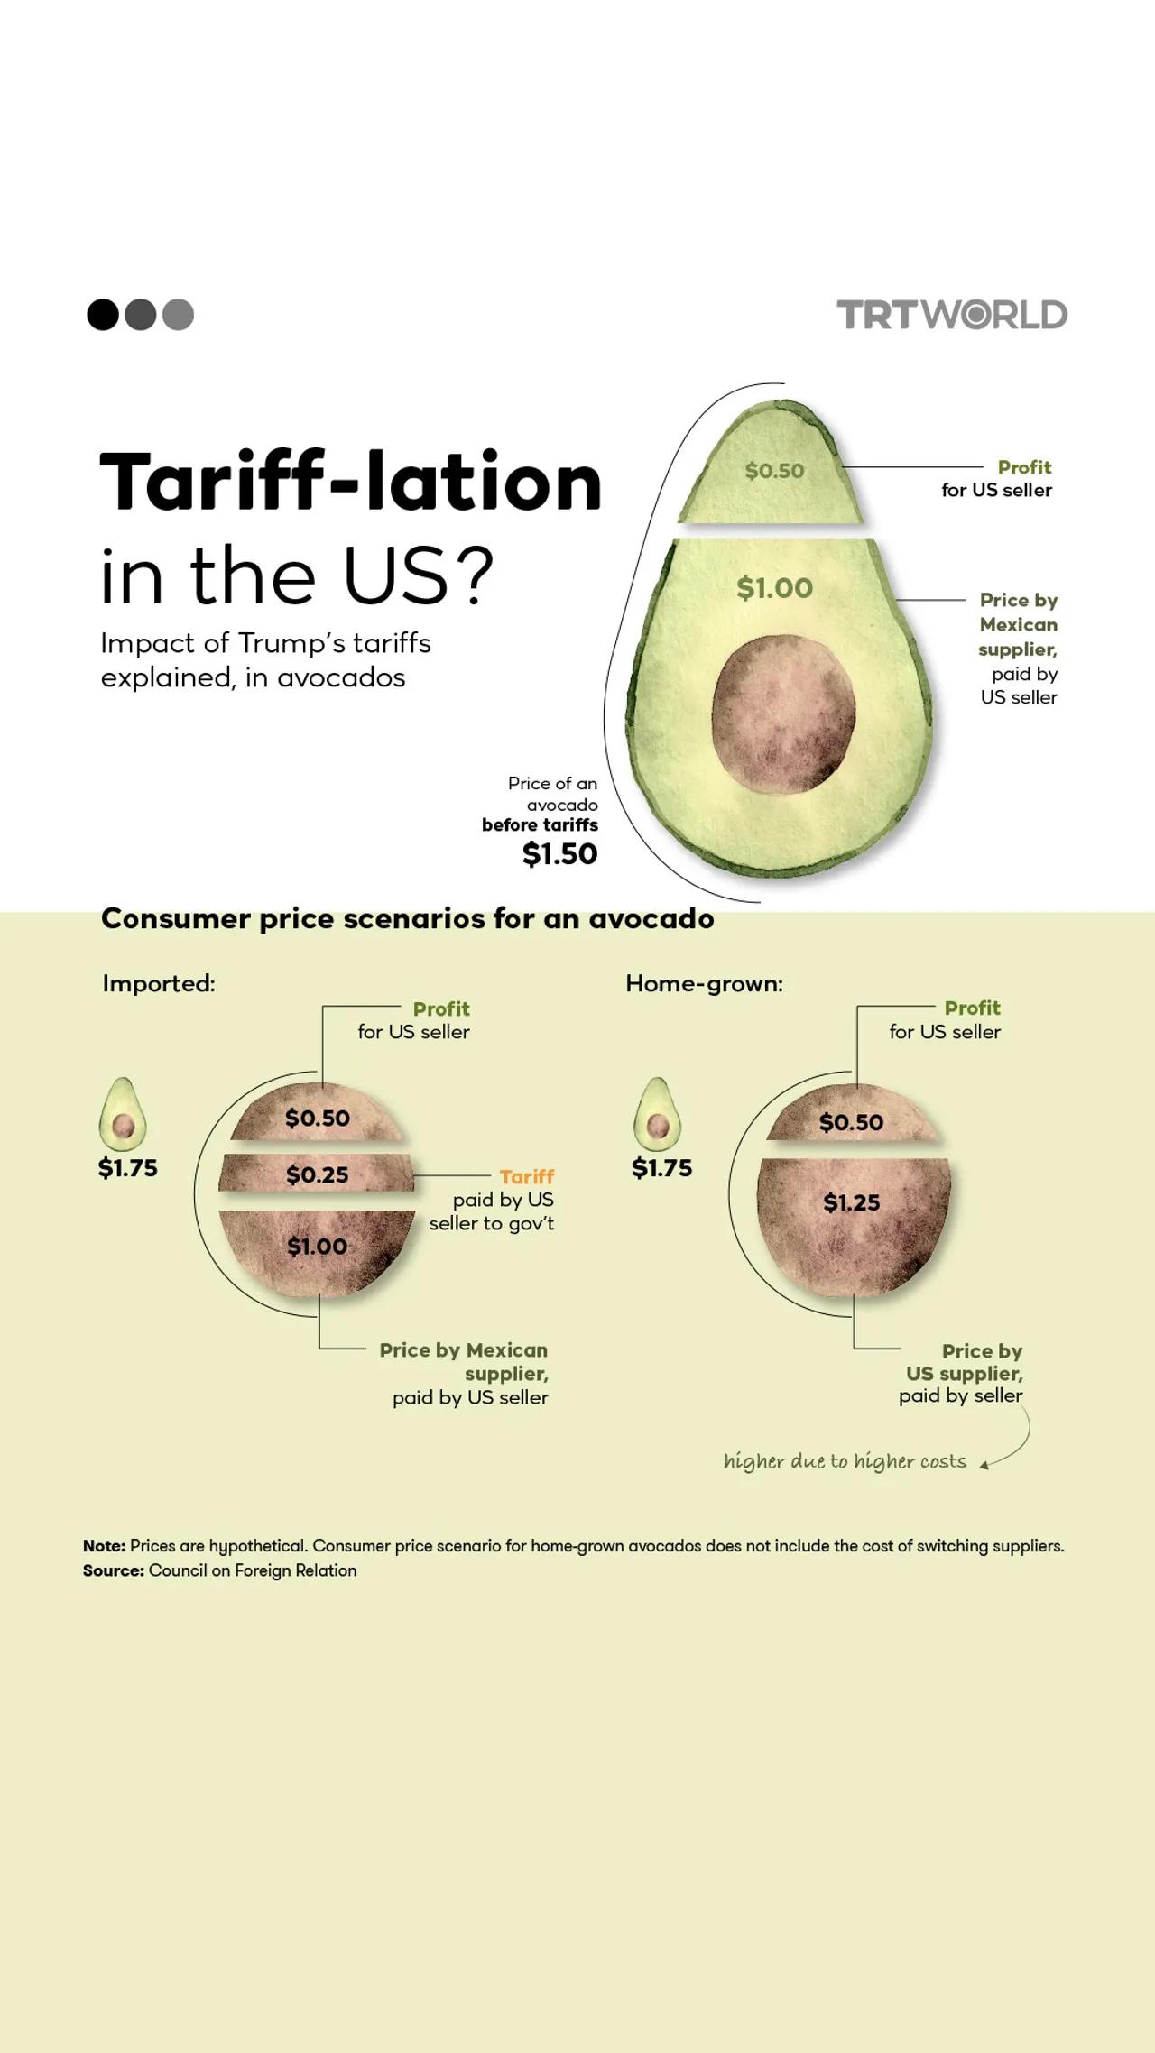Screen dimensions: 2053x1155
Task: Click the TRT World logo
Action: (x=952, y=315)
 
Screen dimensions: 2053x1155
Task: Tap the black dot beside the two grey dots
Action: (x=103, y=315)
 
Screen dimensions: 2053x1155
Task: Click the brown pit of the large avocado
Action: (x=782, y=714)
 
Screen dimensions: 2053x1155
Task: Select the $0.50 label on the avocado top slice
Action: (x=774, y=471)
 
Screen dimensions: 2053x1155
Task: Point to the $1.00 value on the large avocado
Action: (x=774, y=588)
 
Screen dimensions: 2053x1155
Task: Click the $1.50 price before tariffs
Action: (x=559, y=853)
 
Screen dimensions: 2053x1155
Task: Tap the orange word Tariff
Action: (x=527, y=1176)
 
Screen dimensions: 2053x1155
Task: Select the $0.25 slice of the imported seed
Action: (x=317, y=1174)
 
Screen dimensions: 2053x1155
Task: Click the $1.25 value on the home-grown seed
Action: (x=851, y=1202)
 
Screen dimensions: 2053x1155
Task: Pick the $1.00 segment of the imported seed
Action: (x=317, y=1247)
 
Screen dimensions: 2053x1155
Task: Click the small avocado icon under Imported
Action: (x=123, y=1115)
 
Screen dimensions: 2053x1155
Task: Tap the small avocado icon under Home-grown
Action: (x=658, y=1115)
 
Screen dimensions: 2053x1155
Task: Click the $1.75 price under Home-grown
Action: (x=661, y=1168)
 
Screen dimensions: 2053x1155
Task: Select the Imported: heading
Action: (x=159, y=983)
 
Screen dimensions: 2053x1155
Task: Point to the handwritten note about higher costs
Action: (x=845, y=1461)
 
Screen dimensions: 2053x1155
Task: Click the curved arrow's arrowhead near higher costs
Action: (x=985, y=1465)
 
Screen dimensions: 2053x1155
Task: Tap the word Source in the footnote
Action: (x=113, y=1570)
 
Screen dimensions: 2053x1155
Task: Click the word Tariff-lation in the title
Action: (x=350, y=483)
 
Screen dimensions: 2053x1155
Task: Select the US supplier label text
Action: (x=964, y=1373)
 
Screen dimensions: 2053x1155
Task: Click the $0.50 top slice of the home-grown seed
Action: (x=851, y=1122)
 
